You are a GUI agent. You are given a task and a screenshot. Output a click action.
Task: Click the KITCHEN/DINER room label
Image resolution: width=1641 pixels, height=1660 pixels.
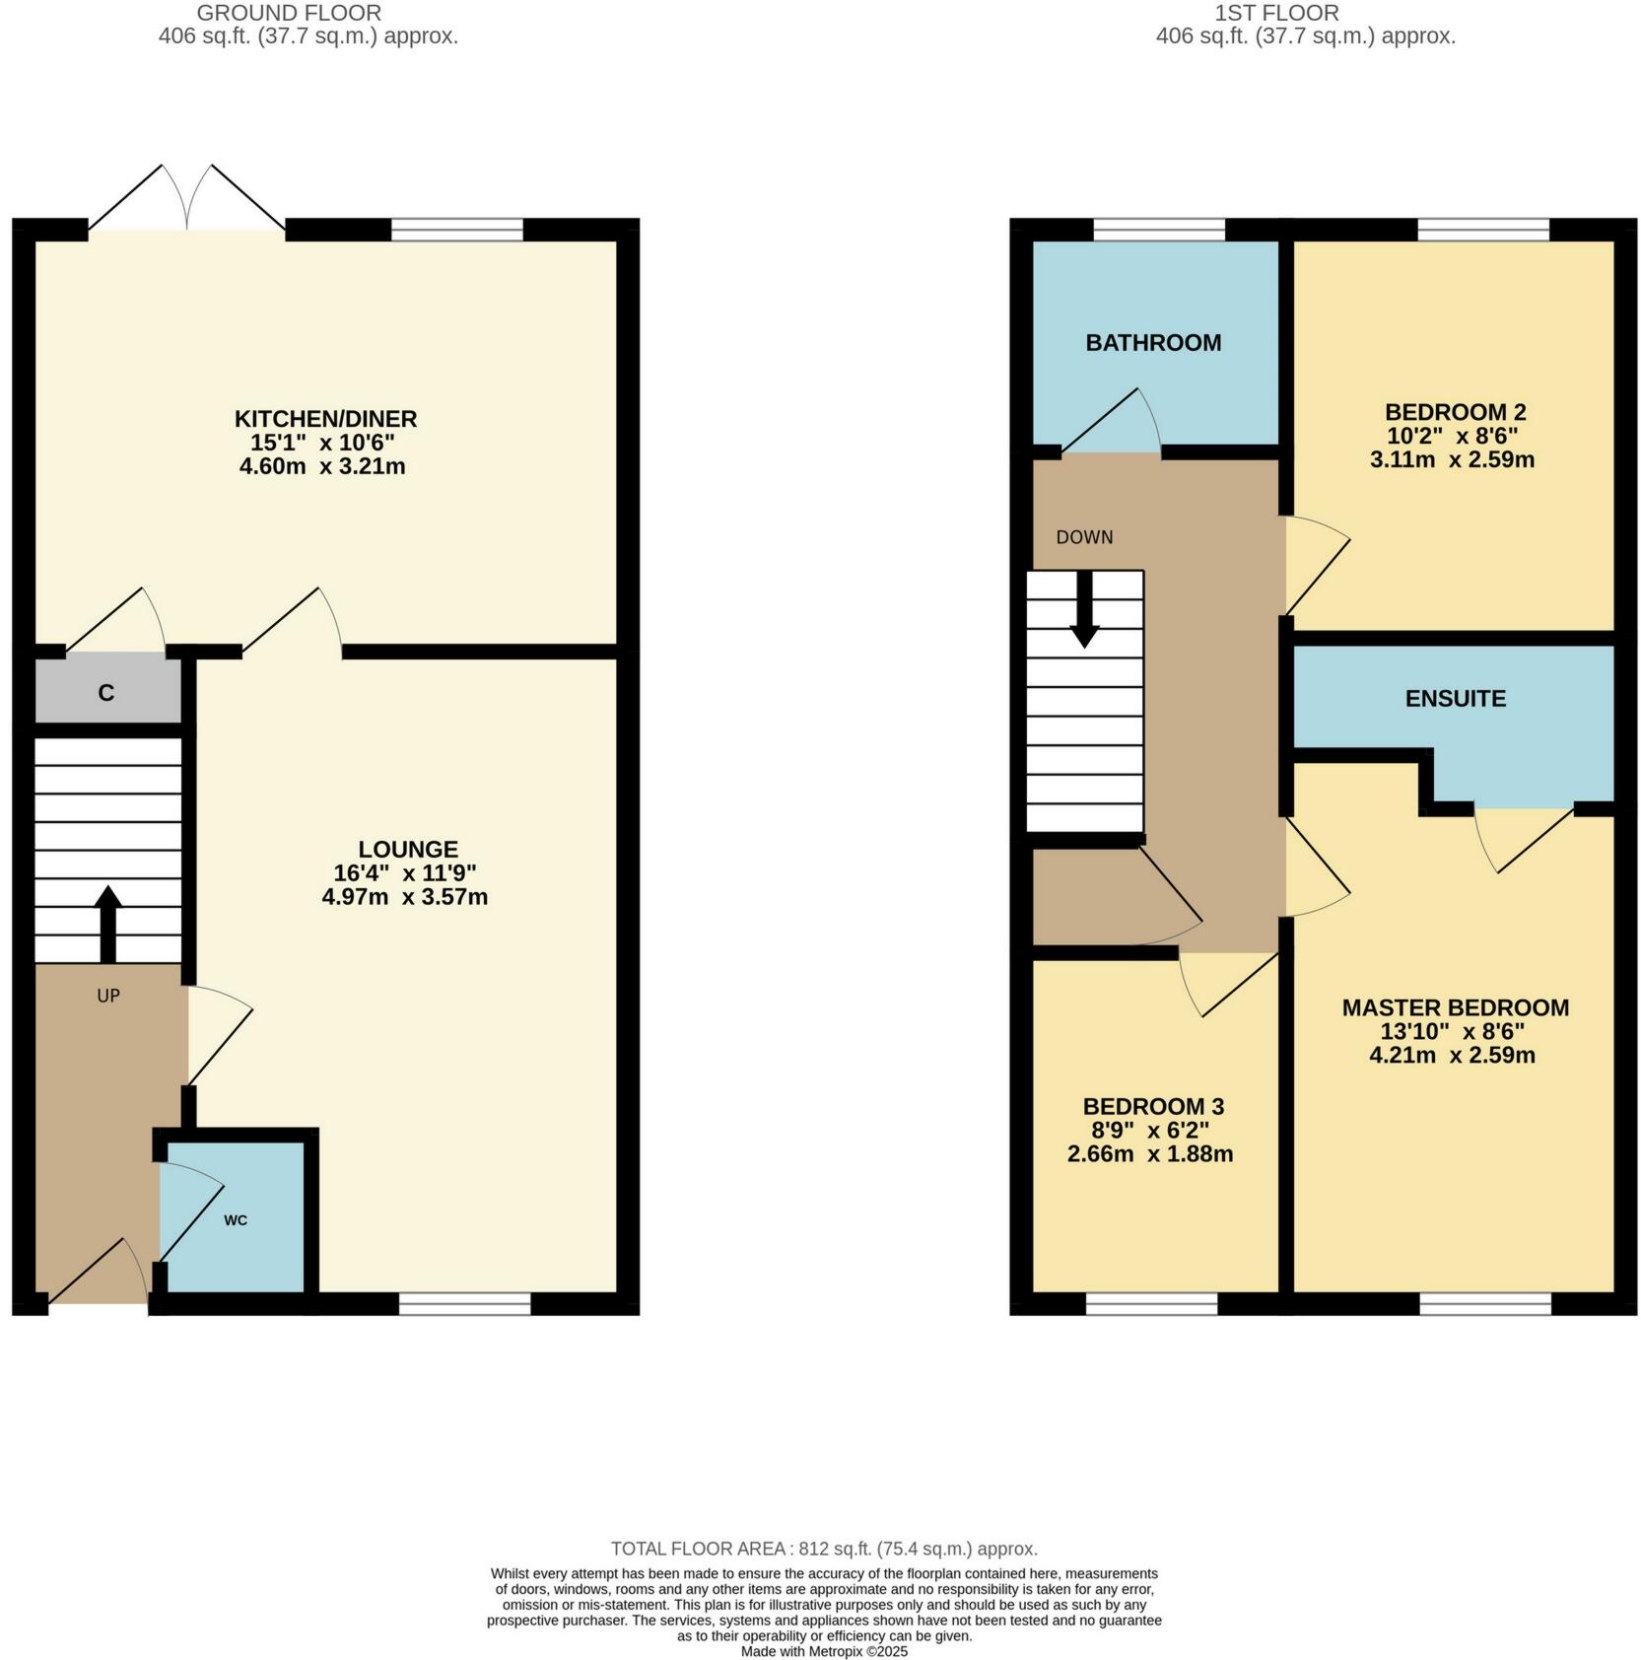point(325,418)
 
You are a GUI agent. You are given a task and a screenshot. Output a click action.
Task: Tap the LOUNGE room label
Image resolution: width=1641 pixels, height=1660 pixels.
point(407,849)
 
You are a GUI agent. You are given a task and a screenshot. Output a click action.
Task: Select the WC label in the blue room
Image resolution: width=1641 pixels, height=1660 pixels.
point(236,1220)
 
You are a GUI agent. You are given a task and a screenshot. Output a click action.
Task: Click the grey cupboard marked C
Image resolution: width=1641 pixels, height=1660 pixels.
point(106,693)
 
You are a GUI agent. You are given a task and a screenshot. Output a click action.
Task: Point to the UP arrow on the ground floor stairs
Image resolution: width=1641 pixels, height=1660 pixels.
point(108,923)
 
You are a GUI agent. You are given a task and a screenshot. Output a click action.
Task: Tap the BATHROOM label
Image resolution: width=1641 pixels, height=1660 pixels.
point(1153,343)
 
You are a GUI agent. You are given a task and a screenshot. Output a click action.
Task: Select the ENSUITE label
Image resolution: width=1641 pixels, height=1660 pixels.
point(1455,699)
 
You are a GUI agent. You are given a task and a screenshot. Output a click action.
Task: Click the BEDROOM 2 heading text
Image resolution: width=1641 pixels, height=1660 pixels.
point(1454,412)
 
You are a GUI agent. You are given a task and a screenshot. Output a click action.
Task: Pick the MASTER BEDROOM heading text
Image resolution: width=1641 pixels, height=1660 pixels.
point(1455,1007)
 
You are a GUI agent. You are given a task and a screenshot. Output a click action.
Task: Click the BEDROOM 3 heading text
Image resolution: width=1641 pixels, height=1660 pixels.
point(1153,1106)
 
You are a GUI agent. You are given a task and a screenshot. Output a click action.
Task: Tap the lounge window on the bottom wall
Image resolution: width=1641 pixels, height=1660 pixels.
point(464,1304)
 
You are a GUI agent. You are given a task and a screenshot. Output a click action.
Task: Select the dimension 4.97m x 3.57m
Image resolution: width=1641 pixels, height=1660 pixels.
point(405,897)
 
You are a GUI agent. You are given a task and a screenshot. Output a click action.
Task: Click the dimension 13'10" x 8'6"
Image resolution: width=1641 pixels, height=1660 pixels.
point(1452,1031)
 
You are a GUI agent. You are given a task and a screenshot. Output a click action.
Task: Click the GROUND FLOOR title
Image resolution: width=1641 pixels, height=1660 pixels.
point(289,13)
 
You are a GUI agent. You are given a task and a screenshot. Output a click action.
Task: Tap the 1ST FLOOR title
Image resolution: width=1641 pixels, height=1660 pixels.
point(1276,13)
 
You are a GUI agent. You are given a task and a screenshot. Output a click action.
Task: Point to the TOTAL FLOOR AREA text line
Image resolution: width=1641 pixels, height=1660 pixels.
point(823,1549)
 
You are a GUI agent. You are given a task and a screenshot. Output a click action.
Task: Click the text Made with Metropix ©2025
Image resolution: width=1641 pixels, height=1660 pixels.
point(824,1651)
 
